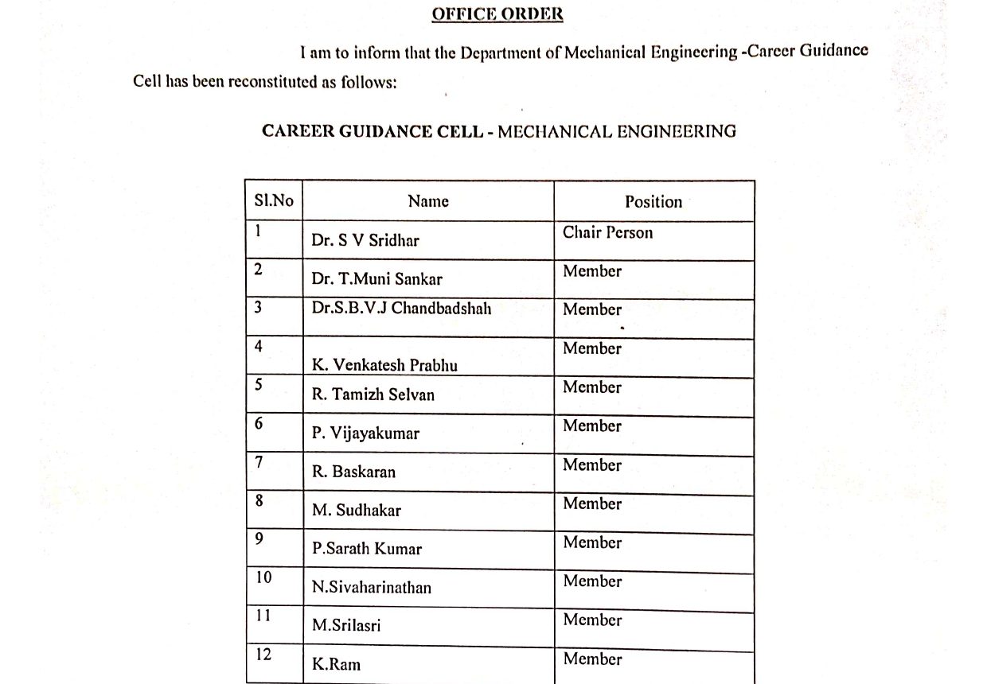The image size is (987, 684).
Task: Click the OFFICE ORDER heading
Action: pos(497,14)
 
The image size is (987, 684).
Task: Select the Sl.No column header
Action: pos(274,200)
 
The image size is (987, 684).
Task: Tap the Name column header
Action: pos(428,201)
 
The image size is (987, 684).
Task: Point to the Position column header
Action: pos(653,202)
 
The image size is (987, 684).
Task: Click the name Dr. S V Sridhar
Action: pos(365,240)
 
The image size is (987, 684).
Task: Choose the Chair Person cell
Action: pos(607,233)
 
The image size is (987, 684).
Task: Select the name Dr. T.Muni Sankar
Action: pos(376,278)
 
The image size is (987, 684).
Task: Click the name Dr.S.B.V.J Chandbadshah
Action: pos(401,308)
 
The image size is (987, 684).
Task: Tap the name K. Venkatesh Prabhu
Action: pos(384,365)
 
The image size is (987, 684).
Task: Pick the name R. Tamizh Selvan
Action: pos(373,394)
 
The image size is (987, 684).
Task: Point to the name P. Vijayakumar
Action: pos(365,433)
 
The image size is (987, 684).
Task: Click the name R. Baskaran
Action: pos(353,472)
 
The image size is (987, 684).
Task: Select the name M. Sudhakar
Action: pos(356,511)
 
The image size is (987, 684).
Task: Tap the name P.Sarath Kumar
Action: pos(367,549)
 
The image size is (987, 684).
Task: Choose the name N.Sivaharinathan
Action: pos(372,588)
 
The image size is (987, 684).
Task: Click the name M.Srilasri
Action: pos(346,626)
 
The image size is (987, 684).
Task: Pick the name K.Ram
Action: pos(336,664)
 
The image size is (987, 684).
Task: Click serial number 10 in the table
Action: pos(263,577)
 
